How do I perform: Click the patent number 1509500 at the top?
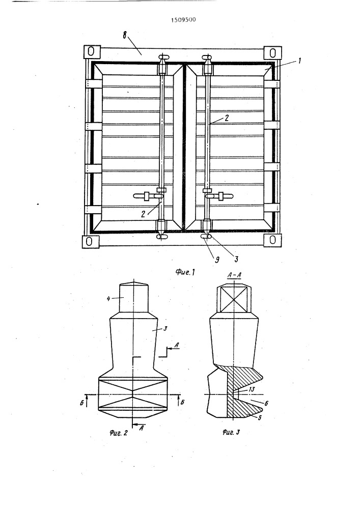click(x=183, y=19)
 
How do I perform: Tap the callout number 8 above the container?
click(x=125, y=35)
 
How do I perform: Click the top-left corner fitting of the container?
click(x=91, y=51)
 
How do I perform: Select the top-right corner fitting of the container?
click(x=272, y=53)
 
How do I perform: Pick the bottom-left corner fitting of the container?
click(x=91, y=241)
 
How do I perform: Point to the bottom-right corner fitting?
click(x=273, y=240)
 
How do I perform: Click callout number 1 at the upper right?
click(x=299, y=61)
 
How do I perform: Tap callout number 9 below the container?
click(x=217, y=260)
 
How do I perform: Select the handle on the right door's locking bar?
click(x=219, y=196)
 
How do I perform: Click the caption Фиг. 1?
click(x=185, y=272)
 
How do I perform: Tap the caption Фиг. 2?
click(x=119, y=433)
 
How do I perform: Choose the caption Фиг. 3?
click(x=231, y=432)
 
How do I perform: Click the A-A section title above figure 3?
click(x=234, y=275)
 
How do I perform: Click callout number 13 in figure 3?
click(x=252, y=389)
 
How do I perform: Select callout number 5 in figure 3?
click(x=259, y=418)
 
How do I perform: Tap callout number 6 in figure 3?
click(x=266, y=404)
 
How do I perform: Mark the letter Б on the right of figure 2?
click(x=182, y=403)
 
